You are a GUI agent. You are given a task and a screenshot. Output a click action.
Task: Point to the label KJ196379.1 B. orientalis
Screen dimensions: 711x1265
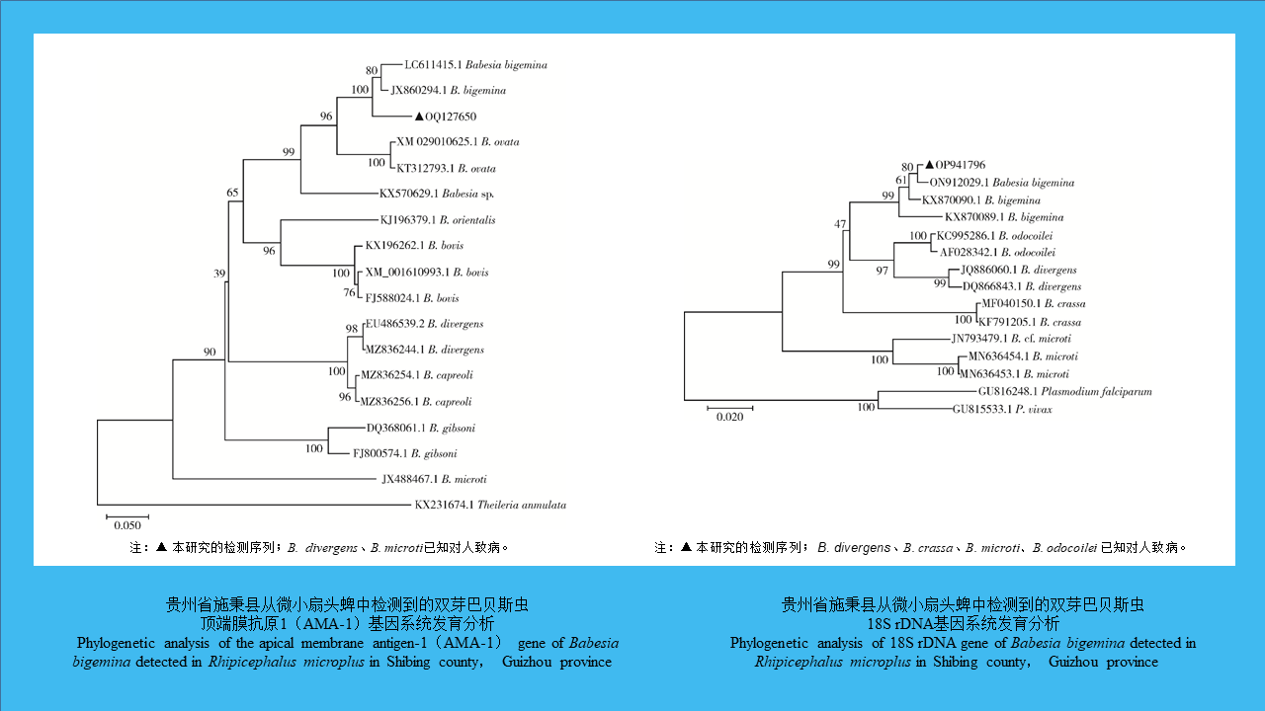(x=438, y=220)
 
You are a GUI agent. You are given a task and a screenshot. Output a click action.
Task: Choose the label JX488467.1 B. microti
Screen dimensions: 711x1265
(x=434, y=479)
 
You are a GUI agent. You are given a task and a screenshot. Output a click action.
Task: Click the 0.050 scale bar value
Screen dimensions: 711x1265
(x=126, y=526)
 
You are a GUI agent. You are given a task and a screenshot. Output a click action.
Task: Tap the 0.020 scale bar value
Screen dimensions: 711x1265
(x=729, y=417)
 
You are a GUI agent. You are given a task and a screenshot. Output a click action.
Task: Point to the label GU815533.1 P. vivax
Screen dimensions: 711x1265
(x=1001, y=409)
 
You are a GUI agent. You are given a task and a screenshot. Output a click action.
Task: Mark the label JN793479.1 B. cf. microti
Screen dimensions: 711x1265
(x=1010, y=339)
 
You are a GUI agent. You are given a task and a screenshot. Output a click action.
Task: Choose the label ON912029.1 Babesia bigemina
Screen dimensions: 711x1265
(x=1001, y=183)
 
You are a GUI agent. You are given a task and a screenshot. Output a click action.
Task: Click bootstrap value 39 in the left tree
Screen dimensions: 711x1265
(x=220, y=274)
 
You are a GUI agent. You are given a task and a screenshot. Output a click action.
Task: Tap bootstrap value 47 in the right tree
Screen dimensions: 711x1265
(x=840, y=224)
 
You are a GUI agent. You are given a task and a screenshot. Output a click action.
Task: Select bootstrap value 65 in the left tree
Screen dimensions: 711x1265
(x=233, y=193)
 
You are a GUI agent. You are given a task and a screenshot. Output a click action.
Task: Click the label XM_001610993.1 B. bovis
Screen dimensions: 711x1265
(x=412, y=272)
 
